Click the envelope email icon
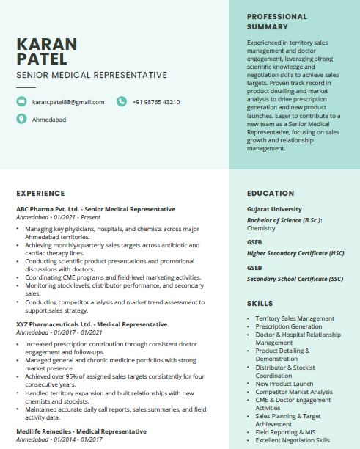(21, 102)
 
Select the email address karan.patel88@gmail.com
(68, 102)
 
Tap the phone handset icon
(122, 102)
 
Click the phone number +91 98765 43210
(156, 102)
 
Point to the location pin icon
(21, 119)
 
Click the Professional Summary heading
(277, 21)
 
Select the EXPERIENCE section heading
(40, 194)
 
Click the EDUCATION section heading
(271, 194)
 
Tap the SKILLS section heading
(260, 303)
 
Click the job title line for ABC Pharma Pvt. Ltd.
(95, 209)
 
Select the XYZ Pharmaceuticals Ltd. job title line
(92, 324)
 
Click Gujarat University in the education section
(274, 209)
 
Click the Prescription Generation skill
(289, 326)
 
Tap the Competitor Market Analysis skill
(295, 392)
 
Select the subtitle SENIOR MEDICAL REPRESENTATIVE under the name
(92, 75)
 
